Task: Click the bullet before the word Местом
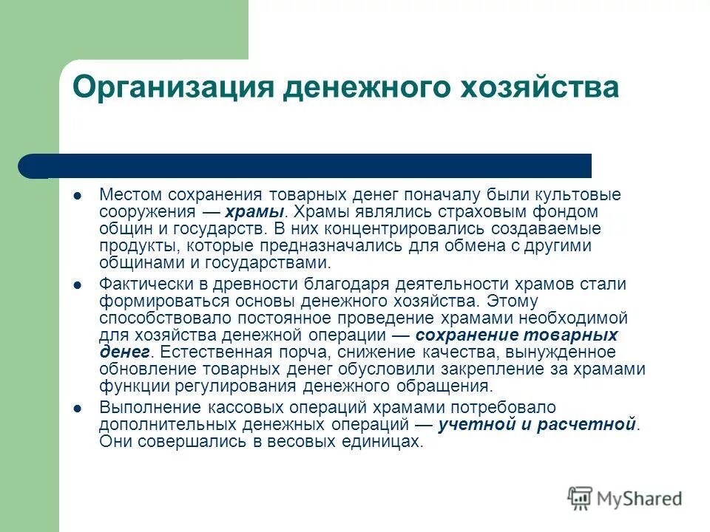point(77,195)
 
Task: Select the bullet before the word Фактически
point(77,284)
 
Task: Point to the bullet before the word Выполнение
point(77,408)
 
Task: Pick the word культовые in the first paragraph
point(578,195)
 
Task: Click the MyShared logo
point(625,499)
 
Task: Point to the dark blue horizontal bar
point(311,166)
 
